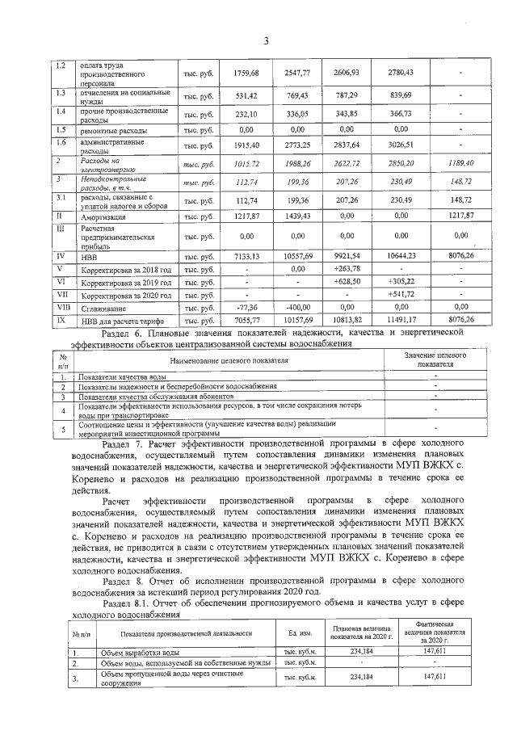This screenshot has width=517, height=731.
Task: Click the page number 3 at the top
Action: point(264,41)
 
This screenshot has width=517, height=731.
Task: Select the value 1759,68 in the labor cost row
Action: point(245,73)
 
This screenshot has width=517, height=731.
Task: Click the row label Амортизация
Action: point(102,217)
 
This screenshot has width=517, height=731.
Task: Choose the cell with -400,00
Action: point(296,307)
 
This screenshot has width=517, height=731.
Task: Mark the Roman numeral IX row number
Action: point(60,320)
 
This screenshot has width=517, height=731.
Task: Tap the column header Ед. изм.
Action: point(288,632)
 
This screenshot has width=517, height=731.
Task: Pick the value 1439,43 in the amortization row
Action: point(296,217)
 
